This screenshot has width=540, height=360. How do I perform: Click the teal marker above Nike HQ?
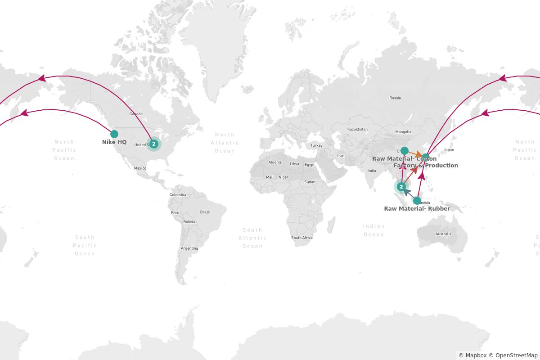(114, 134)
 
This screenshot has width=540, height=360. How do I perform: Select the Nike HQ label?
(114, 142)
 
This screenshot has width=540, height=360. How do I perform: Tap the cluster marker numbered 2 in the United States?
(154, 144)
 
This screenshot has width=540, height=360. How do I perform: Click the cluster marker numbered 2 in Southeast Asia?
(401, 186)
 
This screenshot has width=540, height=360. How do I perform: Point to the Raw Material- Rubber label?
(417, 209)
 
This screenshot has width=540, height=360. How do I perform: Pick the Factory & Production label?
(426, 166)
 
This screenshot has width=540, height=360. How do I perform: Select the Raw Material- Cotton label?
(404, 159)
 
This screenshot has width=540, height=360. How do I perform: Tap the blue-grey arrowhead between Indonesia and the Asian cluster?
(406, 192)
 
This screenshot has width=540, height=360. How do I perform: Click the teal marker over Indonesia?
(417, 201)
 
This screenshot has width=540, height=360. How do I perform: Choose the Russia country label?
(395, 98)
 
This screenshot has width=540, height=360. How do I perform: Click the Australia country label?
(443, 234)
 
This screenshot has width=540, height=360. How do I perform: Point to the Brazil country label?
(205, 212)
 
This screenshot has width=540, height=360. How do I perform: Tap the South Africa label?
(302, 238)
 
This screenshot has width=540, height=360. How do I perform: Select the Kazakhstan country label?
(357, 129)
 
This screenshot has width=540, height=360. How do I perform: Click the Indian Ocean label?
(374, 230)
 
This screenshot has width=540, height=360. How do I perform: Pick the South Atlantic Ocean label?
(252, 238)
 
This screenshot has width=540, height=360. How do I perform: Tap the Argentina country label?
(189, 248)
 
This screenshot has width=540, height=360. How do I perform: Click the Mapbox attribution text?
(472, 355)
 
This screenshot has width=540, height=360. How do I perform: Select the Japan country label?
(449, 150)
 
